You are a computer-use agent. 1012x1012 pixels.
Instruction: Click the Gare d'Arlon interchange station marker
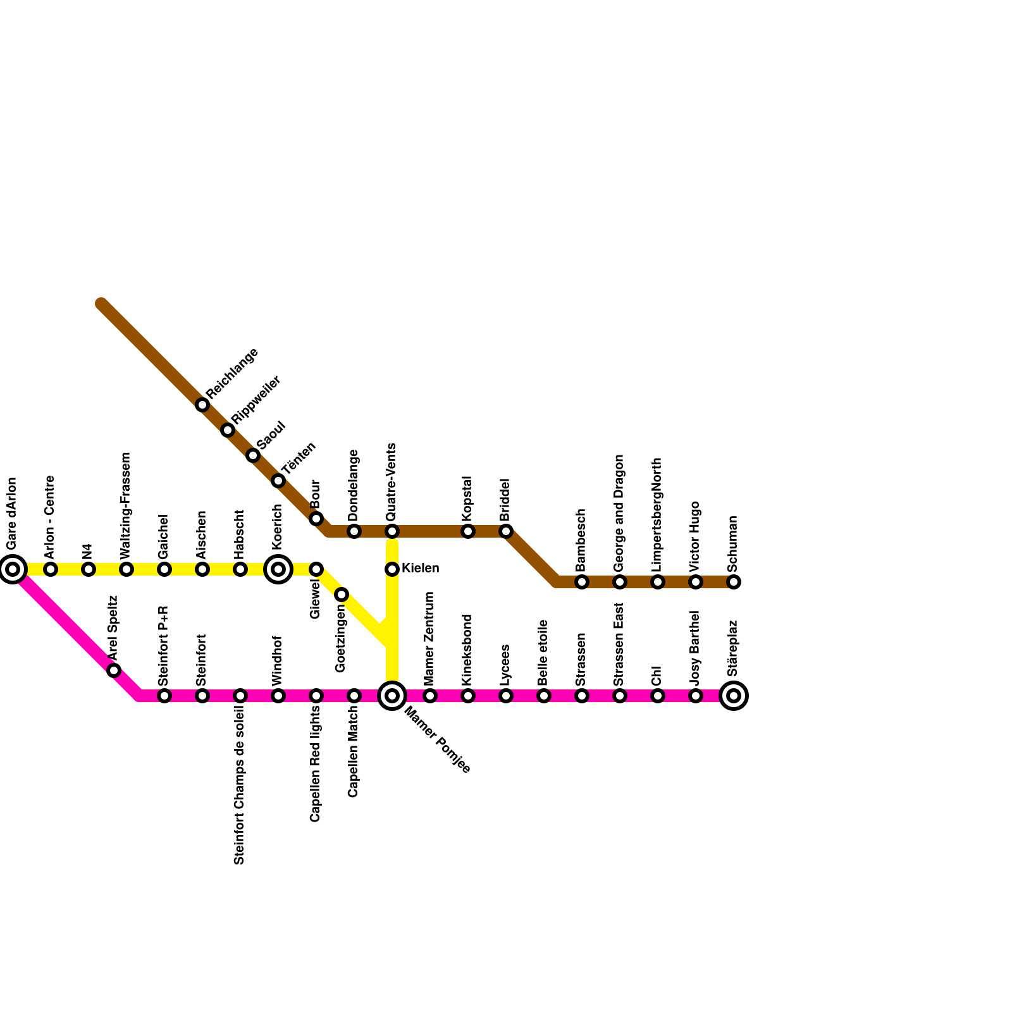click(13, 569)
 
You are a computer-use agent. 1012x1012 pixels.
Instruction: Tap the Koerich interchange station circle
click(278, 569)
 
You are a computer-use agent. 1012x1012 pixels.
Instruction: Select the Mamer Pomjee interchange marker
click(392, 696)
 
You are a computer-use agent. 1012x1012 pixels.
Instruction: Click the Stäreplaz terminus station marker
click(734, 696)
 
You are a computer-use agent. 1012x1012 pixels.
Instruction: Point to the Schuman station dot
click(734, 582)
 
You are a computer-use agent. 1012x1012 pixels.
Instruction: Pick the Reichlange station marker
click(202, 405)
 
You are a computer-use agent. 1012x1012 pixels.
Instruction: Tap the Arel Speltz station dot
click(114, 670)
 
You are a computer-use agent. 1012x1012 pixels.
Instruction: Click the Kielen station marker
click(392, 569)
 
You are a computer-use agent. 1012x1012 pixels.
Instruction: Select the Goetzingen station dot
click(342, 595)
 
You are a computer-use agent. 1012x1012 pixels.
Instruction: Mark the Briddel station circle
click(506, 531)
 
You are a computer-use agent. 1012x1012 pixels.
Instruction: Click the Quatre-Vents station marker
click(392, 531)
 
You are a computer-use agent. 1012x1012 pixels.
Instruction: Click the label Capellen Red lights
click(316, 764)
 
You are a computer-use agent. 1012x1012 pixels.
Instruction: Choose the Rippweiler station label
click(256, 401)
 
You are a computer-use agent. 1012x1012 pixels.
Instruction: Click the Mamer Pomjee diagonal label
click(437, 739)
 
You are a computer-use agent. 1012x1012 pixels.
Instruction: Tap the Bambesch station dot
click(582, 582)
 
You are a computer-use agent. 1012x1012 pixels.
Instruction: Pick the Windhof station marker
click(278, 696)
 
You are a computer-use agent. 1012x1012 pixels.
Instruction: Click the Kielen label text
click(420, 569)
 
